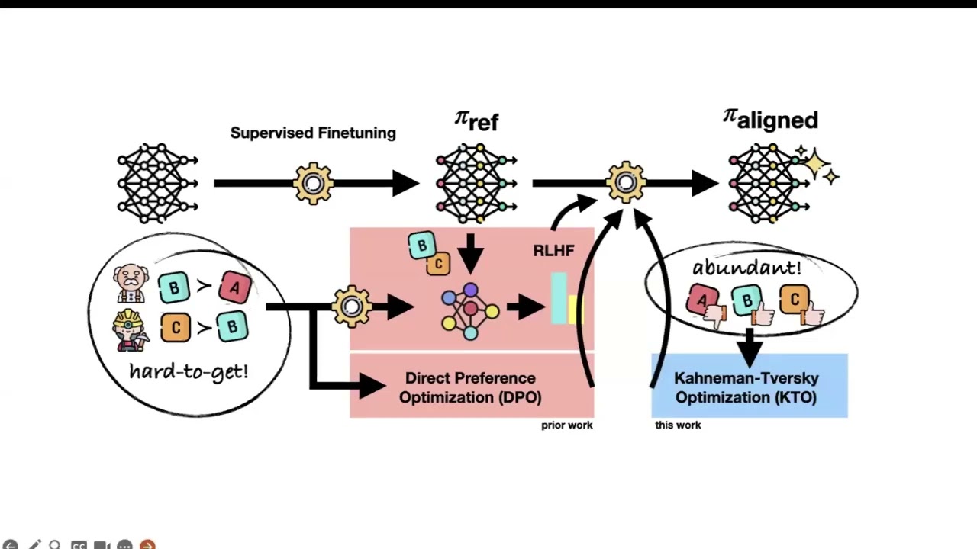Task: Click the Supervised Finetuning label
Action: tap(313, 133)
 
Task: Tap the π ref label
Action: tap(476, 120)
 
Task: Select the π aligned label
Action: tap(770, 119)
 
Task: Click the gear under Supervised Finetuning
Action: tap(313, 183)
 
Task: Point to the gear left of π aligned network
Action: tap(626, 182)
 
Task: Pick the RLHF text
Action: tap(553, 251)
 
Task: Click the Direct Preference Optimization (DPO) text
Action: tap(470, 387)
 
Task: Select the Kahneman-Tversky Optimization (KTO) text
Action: tap(746, 387)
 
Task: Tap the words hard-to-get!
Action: tap(189, 371)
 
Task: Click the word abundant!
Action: tap(746, 268)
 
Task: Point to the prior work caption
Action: tap(566, 425)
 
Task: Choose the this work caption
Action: tap(678, 425)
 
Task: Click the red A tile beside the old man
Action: tap(234, 287)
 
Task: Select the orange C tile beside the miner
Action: tap(176, 328)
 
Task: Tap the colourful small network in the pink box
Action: tap(470, 311)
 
